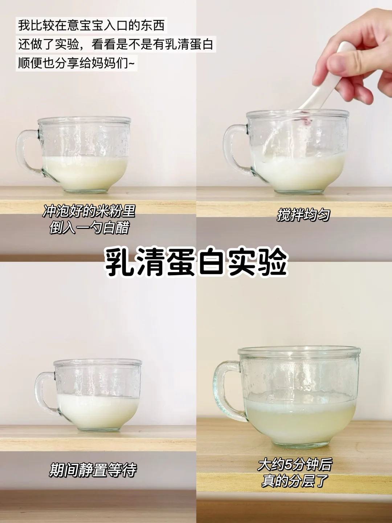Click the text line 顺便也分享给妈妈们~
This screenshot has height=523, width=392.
[76, 64]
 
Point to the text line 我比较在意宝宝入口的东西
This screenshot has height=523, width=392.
[91, 25]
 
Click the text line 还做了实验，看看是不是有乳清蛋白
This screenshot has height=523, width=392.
[116, 45]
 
